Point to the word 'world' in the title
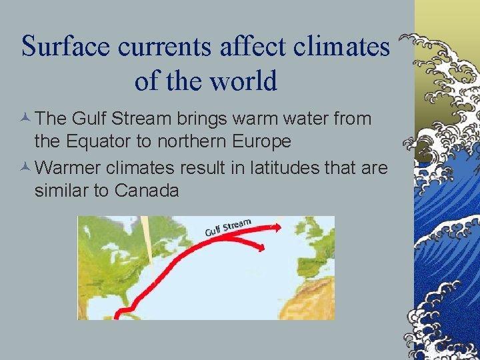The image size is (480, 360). pos(243,81)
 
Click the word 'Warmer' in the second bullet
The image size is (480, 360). pos(70,168)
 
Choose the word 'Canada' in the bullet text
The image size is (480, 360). pos(147,191)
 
